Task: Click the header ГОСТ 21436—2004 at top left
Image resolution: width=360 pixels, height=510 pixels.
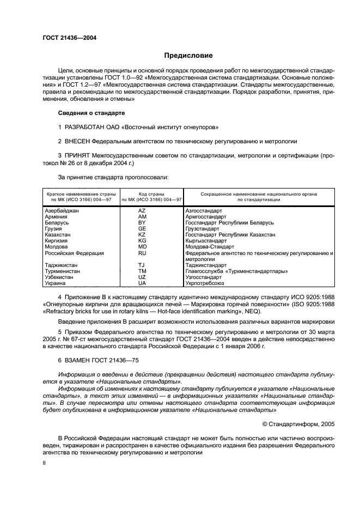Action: (x=69, y=38)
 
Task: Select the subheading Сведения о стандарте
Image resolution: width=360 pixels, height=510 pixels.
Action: (x=91, y=113)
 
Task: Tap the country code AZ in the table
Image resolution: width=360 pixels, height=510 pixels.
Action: (x=142, y=210)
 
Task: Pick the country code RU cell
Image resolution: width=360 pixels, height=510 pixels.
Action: (x=142, y=253)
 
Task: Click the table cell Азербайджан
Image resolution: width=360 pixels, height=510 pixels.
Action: (x=62, y=210)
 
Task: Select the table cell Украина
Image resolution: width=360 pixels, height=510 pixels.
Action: (x=55, y=283)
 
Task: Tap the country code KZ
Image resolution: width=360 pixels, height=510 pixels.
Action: (x=142, y=234)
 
